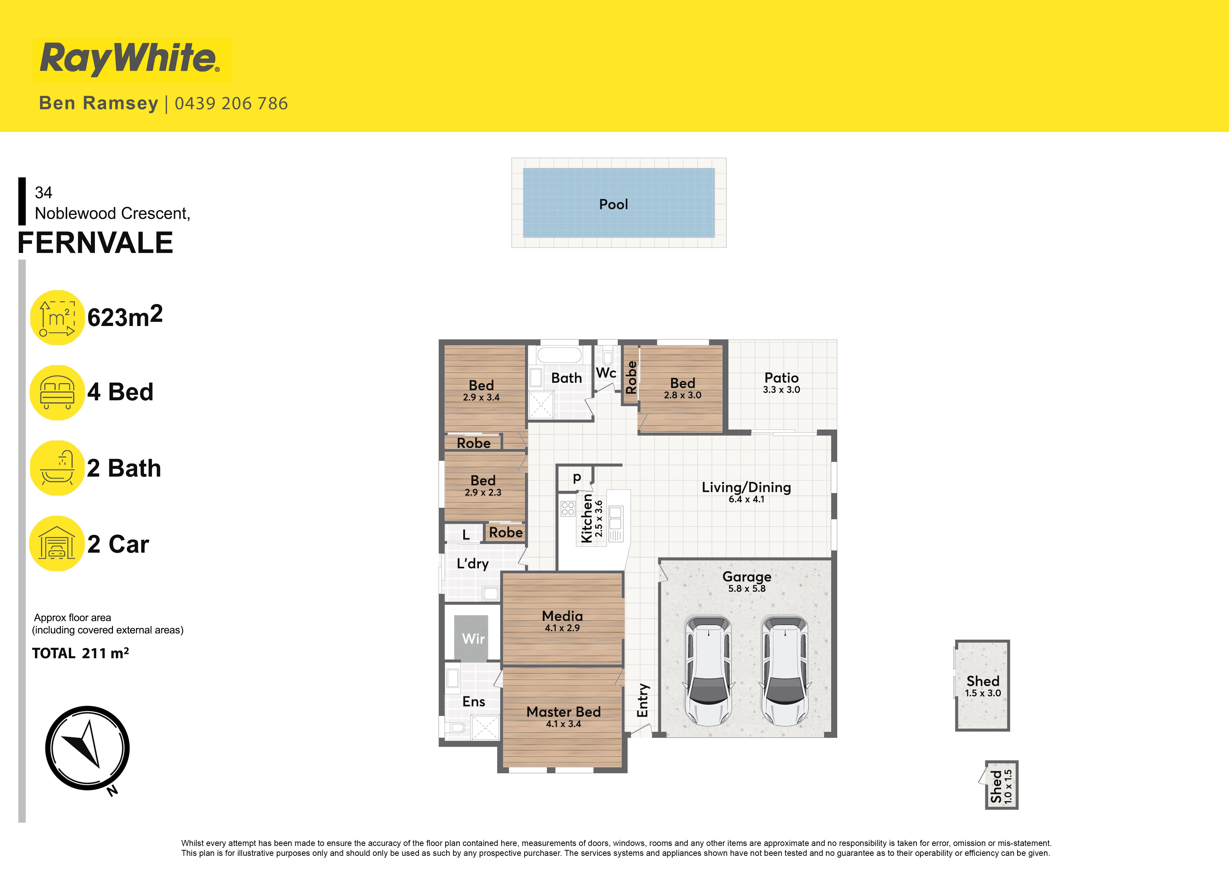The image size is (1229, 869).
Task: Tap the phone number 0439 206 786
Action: coord(231,103)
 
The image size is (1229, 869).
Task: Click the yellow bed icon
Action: coord(57,392)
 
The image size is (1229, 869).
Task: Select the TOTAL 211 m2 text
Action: coord(80,653)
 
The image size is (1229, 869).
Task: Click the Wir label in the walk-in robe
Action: coord(473,638)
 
